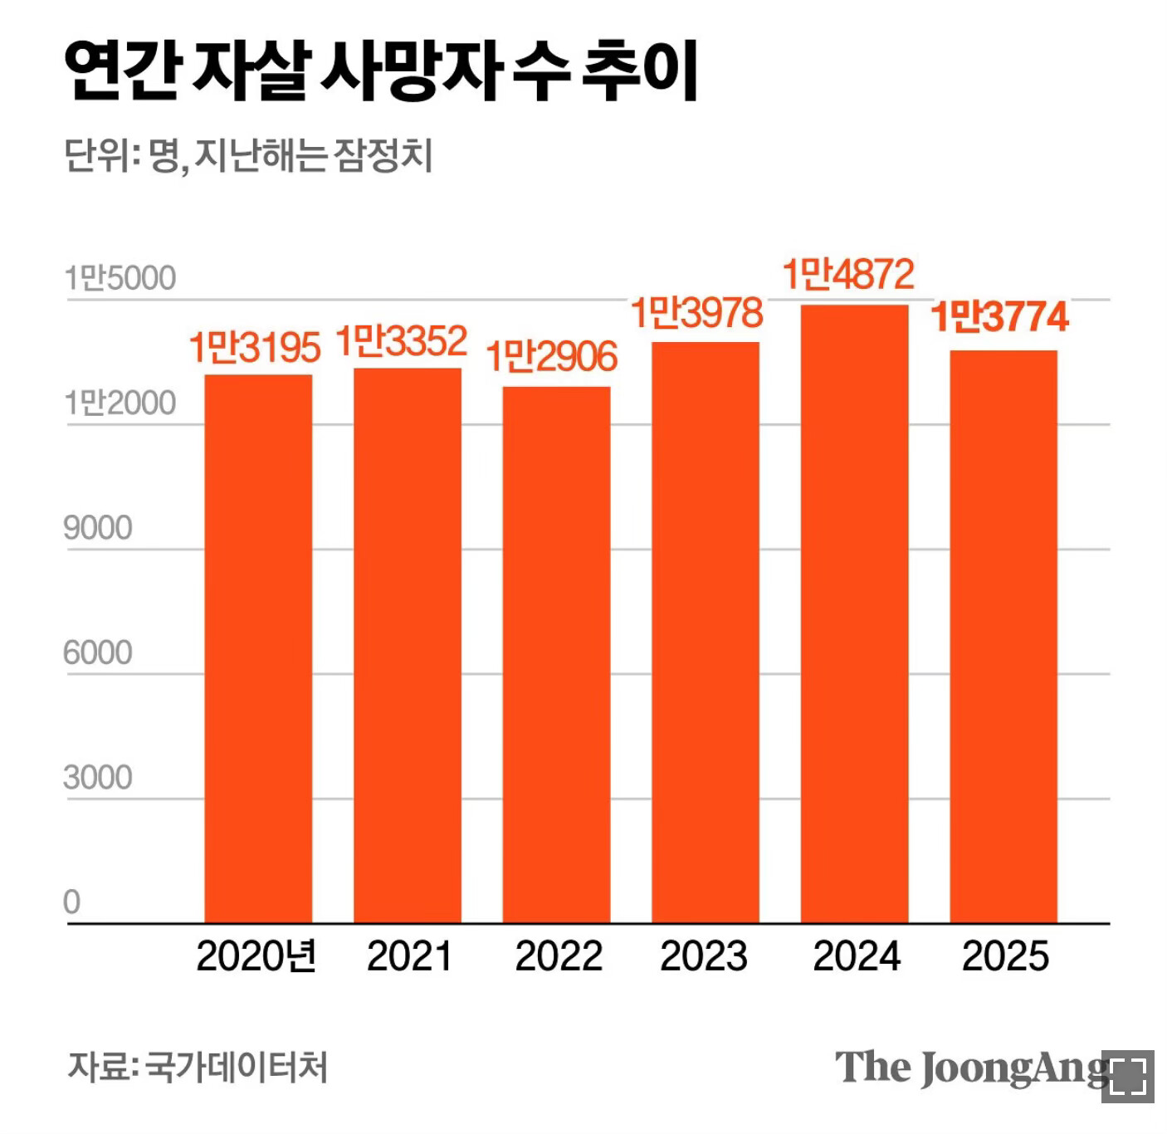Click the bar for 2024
click(854, 614)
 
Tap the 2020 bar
click(258, 648)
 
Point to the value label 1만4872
click(848, 275)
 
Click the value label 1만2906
click(552, 357)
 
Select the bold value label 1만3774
click(999, 317)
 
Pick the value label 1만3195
click(254, 347)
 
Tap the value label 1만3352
click(402, 341)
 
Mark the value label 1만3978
click(697, 313)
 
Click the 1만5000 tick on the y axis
click(120, 279)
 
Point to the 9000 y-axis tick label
click(98, 528)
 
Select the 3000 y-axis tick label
click(98, 778)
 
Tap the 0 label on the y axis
click(72, 902)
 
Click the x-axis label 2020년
click(256, 956)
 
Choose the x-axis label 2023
click(704, 956)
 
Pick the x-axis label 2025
click(1005, 956)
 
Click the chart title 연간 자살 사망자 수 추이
click(381, 73)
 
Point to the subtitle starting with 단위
click(248, 156)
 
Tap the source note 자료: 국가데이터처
click(198, 1067)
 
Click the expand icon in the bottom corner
click(1128, 1077)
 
